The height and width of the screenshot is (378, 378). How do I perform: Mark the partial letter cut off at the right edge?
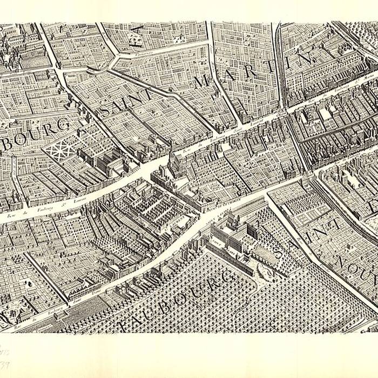[373, 205]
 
